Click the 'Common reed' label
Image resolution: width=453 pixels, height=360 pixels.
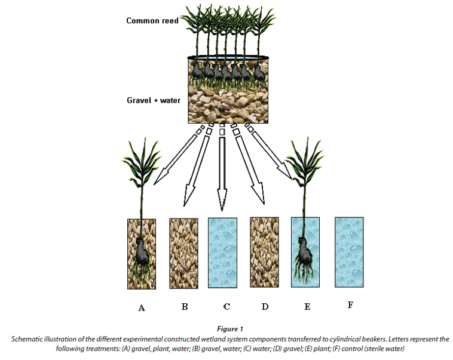152,21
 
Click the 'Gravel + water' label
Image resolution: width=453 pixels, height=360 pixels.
154,100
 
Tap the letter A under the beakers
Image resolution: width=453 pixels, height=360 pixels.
142,308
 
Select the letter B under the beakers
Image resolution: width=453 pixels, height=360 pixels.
185,306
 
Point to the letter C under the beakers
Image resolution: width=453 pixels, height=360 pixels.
227,306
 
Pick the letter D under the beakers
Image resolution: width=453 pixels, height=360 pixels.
265,306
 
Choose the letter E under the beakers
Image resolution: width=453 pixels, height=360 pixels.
307,306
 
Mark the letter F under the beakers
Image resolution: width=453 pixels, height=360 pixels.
350,305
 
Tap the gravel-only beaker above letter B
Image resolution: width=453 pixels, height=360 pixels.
184,254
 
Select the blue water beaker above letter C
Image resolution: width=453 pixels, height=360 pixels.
222,254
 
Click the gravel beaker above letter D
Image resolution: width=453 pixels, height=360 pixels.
265,254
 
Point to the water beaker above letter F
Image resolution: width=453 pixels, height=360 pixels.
350,254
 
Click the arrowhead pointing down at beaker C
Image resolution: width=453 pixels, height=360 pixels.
222,203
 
